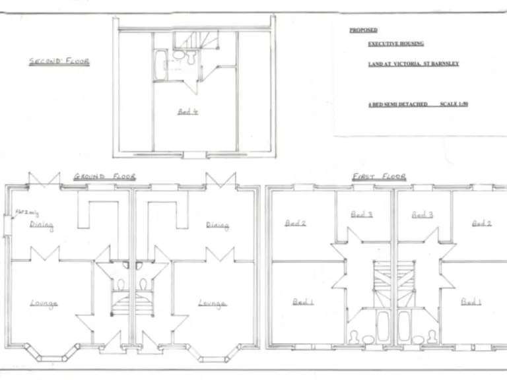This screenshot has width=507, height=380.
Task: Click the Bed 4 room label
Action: (187, 112)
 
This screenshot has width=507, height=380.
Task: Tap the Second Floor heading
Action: (59, 61)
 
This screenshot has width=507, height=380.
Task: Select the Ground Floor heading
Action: (104, 176)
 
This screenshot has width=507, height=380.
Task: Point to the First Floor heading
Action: (379, 176)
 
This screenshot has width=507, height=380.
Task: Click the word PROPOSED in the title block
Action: (363, 30)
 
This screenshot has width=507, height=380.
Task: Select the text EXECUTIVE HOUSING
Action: (395, 44)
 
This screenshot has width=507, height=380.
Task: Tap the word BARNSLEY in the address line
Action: (446, 64)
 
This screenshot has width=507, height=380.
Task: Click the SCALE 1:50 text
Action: (454, 104)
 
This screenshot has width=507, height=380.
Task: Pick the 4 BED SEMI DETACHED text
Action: (398, 104)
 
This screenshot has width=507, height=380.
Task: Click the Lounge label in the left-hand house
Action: (44, 303)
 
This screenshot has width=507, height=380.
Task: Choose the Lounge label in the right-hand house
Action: (213, 303)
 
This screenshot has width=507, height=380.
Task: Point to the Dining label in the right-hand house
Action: (217, 226)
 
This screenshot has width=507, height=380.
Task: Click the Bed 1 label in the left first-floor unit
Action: (302, 301)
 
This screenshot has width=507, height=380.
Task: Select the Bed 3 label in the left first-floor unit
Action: (361, 214)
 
